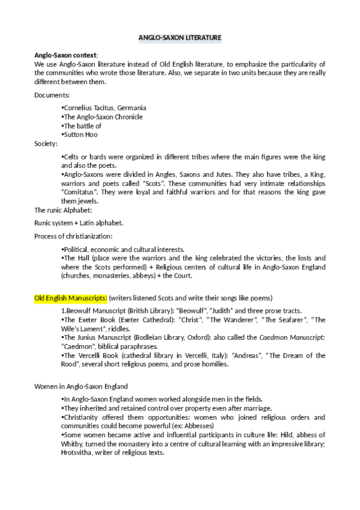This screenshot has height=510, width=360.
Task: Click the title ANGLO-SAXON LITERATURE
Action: point(180,38)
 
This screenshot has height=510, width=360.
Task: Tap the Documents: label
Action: point(52,95)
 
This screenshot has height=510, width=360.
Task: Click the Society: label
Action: point(46,144)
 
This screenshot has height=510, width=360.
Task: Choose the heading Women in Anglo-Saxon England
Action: point(81,386)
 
